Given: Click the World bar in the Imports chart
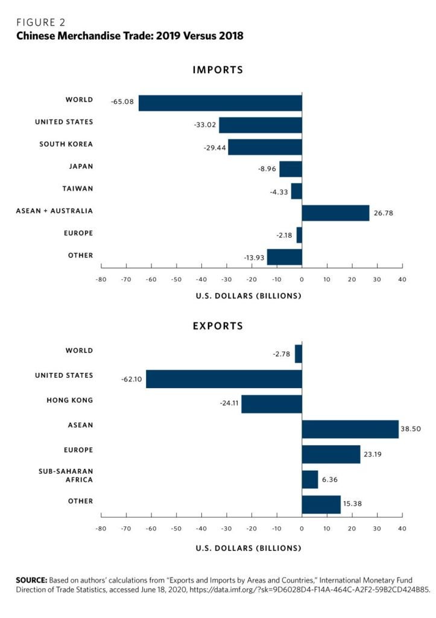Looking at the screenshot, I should point(220,103).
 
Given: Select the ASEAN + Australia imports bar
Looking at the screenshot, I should point(335,213).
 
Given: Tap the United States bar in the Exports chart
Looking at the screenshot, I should point(224,379).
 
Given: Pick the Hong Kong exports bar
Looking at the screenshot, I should point(271,404).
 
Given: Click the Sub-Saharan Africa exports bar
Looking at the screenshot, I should point(309,479).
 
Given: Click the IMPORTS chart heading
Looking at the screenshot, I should point(218,70).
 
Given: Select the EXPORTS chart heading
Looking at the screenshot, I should point(218,326).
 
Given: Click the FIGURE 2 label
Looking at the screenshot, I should point(40,22).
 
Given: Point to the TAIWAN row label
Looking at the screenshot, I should point(77,188).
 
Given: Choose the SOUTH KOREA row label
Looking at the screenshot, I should point(66,144).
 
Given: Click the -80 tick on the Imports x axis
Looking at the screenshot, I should point(101,279).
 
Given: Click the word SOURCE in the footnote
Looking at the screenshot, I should point(31,579).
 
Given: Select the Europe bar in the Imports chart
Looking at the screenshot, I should point(299,235).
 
